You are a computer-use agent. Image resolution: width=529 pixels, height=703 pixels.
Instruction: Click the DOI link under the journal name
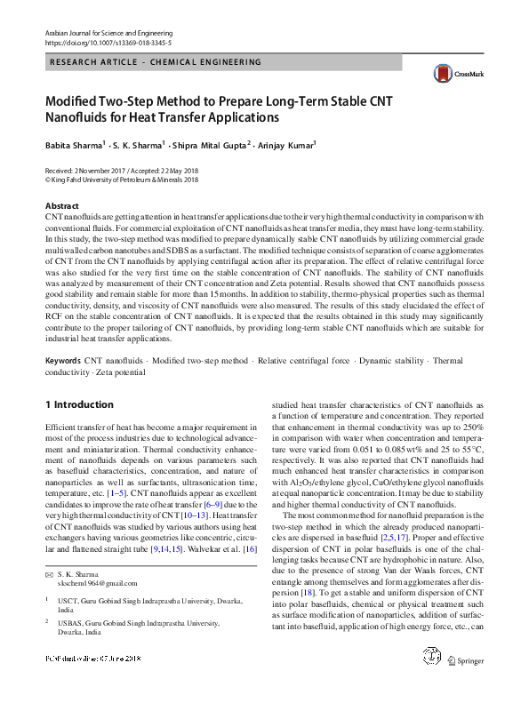[x=108, y=43]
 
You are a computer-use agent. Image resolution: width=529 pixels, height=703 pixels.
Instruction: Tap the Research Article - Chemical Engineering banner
[x=156, y=62]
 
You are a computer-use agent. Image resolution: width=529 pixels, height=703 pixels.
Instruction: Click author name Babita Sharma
[x=75, y=144]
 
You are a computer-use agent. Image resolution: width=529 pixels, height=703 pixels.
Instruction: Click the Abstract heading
[x=61, y=206]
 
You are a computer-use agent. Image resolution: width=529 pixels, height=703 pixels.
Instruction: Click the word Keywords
[x=63, y=386]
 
